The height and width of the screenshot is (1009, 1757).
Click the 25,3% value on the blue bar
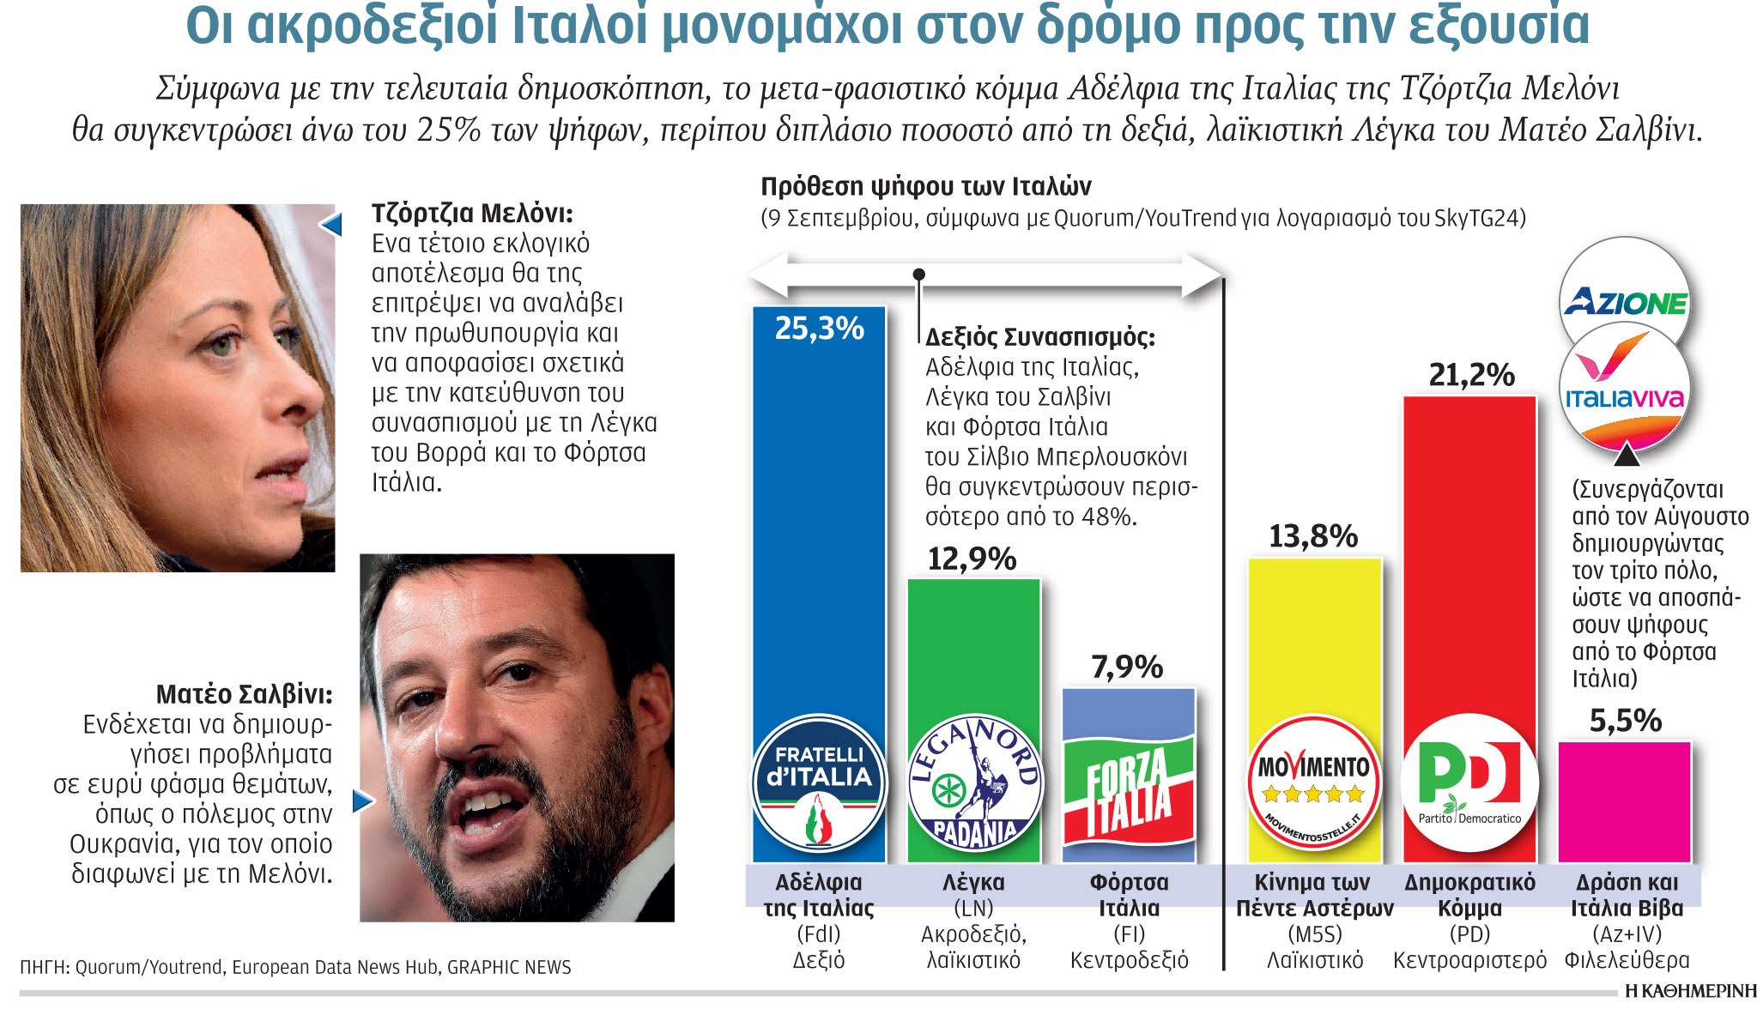pyautogui.click(x=819, y=329)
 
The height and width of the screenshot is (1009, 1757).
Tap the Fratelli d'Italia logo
pyautogui.click(x=819, y=783)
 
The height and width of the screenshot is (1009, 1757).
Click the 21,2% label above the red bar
pyautogui.click(x=1470, y=375)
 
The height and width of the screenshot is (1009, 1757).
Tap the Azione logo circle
pyautogui.click(x=1624, y=300)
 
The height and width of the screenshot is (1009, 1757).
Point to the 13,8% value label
pyautogui.click(x=1313, y=537)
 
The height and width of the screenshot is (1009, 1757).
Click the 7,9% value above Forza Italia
pyautogui.click(x=1127, y=667)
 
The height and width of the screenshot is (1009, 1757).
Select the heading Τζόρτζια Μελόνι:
pyautogui.click(x=472, y=213)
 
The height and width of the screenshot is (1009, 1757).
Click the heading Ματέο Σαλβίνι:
pyautogui.click(x=244, y=694)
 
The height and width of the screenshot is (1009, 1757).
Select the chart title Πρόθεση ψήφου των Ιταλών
pyautogui.click(x=926, y=186)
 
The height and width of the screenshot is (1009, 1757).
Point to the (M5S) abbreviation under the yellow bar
pyautogui.click(x=1314, y=934)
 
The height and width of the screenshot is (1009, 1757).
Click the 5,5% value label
pyautogui.click(x=1625, y=721)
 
